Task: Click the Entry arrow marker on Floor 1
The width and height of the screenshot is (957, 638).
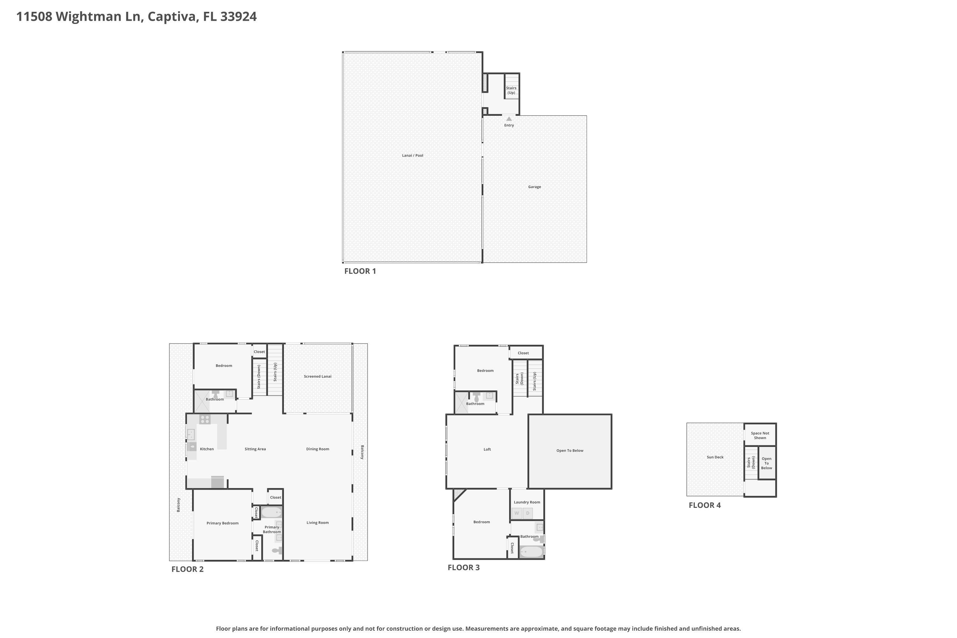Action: click(x=509, y=119)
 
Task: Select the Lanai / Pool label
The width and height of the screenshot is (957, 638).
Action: click(x=412, y=155)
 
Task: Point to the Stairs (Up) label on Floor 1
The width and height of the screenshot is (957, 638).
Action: click(x=511, y=90)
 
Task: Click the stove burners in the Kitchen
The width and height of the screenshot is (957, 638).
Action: click(x=205, y=419)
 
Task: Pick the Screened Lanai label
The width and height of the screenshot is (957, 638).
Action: click(x=318, y=376)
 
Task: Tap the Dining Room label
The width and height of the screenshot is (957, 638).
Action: click(x=318, y=449)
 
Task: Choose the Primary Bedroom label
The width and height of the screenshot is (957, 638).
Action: click(x=223, y=523)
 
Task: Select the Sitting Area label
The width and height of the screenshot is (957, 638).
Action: click(x=255, y=449)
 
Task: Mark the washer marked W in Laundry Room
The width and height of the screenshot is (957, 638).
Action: click(x=517, y=513)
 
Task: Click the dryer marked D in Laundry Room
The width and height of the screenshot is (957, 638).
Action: click(x=528, y=513)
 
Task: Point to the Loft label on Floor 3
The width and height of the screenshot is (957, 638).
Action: click(x=487, y=449)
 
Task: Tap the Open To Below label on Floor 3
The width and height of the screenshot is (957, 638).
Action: click(x=570, y=451)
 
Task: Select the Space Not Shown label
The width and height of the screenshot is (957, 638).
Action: click(x=760, y=436)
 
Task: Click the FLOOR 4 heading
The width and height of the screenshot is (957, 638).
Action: click(x=705, y=505)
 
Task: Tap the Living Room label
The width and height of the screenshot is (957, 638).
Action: click(x=318, y=523)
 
